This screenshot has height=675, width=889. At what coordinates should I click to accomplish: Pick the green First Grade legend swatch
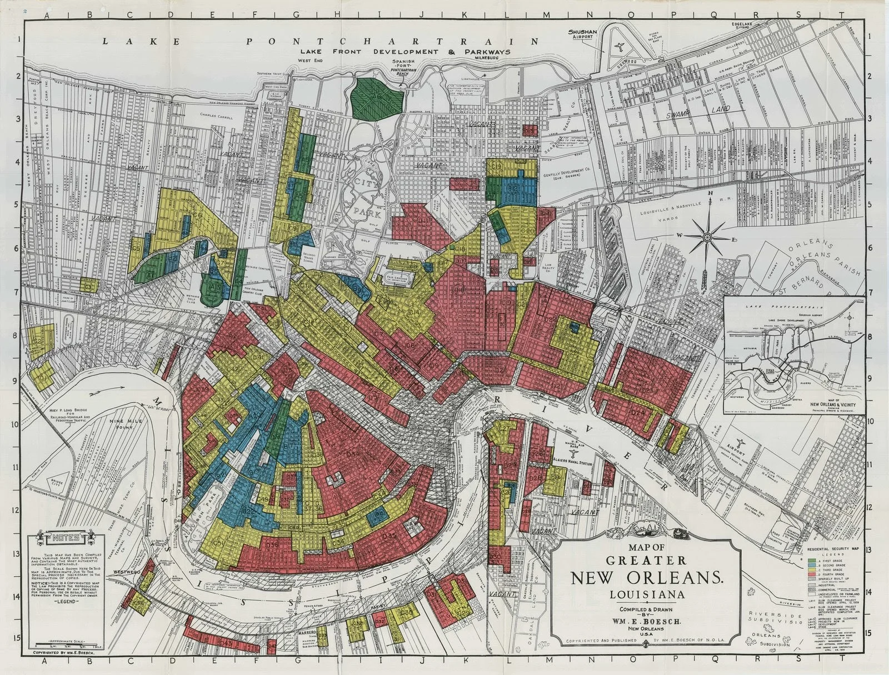812,575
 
